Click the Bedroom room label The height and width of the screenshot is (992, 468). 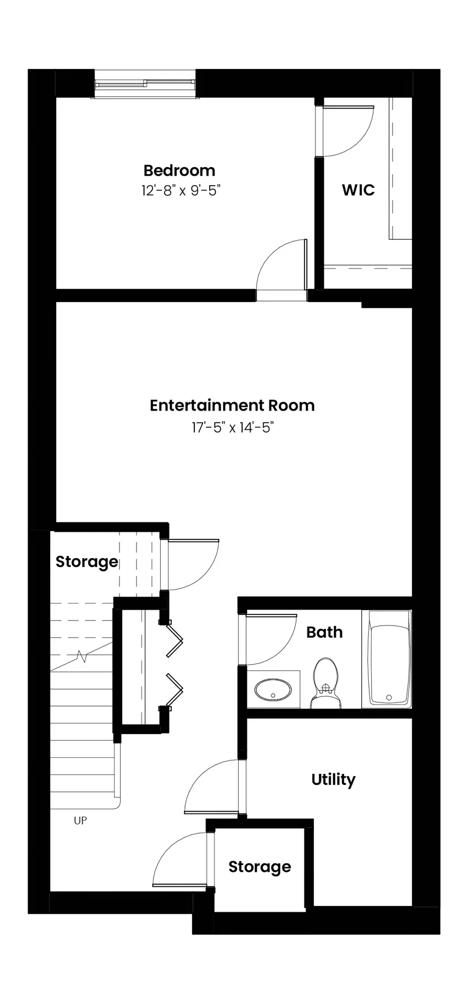(x=179, y=170)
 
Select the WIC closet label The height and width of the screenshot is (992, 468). (x=358, y=190)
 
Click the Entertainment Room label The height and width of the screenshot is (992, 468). (x=232, y=406)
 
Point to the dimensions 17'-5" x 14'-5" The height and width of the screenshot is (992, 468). (x=233, y=427)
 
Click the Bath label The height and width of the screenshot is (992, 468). (x=324, y=632)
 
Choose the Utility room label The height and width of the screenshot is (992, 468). (x=333, y=780)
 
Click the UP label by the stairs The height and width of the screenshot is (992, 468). (x=80, y=821)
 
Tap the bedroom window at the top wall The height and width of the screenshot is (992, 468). (x=145, y=84)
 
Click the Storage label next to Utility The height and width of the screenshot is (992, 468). (x=259, y=867)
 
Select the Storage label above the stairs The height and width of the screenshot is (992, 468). (x=87, y=562)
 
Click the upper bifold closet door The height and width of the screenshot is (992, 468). (x=175, y=640)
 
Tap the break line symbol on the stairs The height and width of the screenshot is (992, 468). (x=83, y=656)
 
